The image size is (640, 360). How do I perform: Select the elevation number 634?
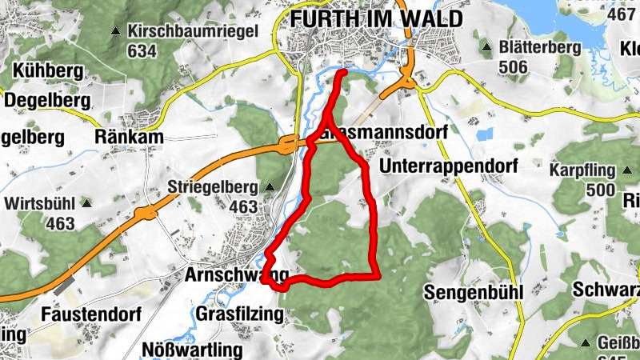pos(141,50)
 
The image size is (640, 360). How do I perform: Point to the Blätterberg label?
pos(540,48)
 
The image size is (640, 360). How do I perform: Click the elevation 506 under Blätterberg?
pos(513,66)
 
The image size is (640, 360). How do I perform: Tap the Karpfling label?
pos(582,170)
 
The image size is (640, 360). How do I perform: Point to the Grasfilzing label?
pos(240,314)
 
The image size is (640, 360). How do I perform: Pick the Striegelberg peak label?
pos(213,188)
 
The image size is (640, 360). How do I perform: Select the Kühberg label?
pos(48,70)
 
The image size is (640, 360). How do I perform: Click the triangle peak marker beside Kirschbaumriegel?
pos(116,33)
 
